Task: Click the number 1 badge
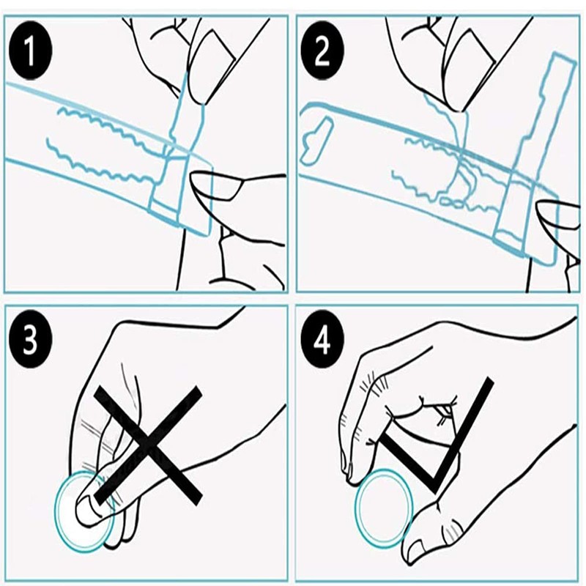[x=30, y=51]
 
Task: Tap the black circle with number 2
[x=322, y=51]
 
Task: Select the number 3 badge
[x=30, y=339]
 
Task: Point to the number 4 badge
[x=322, y=340]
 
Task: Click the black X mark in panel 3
[x=148, y=445]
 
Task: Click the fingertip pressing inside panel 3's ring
[x=89, y=506]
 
